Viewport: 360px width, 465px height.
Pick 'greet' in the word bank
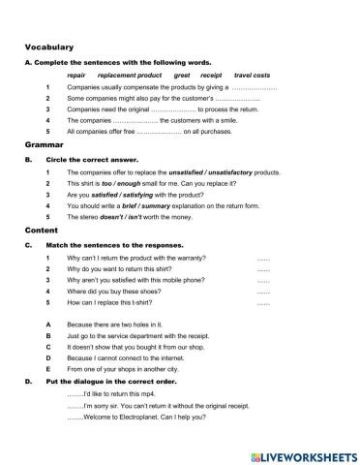[181, 75]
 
